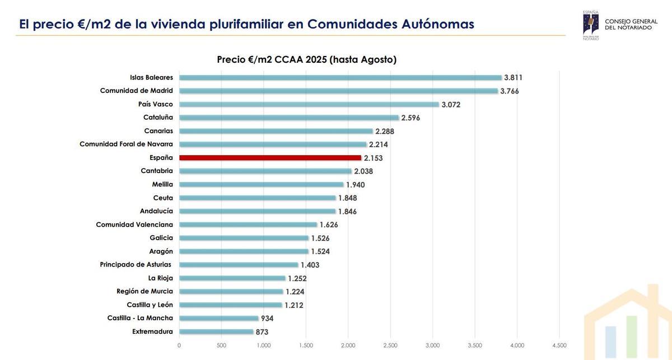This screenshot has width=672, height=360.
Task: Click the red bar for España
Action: pyautogui.click(x=270, y=158)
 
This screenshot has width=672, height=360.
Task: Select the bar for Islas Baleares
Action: pyautogui.click(x=340, y=78)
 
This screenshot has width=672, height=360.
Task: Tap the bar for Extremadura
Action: pyautogui.click(x=216, y=331)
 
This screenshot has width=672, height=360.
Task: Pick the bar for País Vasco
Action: pyautogui.click(x=309, y=104)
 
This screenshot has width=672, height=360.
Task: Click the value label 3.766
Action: pyautogui.click(x=509, y=91)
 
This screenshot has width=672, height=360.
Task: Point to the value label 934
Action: pyautogui.click(x=267, y=319)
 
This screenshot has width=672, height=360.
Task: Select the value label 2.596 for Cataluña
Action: pyautogui.click(x=410, y=118)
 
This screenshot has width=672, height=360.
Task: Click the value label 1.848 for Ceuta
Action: pyautogui.click(x=347, y=198)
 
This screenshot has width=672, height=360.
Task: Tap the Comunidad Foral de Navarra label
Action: pyautogui.click(x=126, y=144)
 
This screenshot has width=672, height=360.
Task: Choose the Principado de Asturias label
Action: pyautogui.click(x=136, y=265)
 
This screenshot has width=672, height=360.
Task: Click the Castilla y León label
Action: pyautogui.click(x=150, y=305)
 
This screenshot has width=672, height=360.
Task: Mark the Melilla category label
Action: pyautogui.click(x=162, y=184)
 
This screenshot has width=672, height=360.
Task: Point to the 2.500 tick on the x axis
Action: pyautogui.click(x=390, y=345)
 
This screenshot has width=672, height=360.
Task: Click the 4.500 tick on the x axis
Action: pyautogui.click(x=559, y=345)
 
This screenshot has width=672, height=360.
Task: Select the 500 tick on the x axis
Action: pyautogui.click(x=221, y=345)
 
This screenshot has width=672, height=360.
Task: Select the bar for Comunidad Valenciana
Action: pyautogui.click(x=248, y=225)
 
